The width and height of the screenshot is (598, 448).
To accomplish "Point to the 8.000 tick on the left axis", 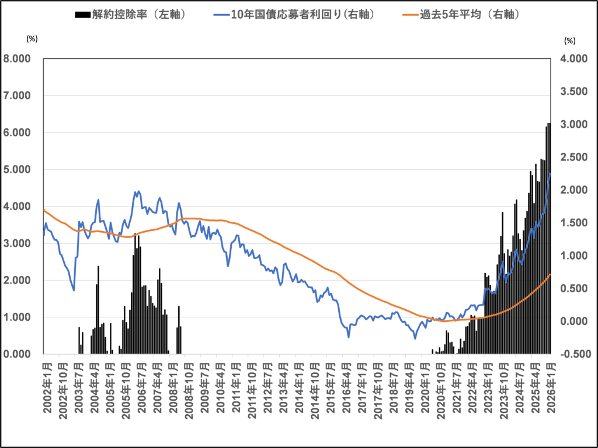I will [22, 59].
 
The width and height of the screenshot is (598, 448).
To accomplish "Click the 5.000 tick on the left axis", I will [22, 170].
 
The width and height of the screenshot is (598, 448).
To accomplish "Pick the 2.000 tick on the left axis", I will [22, 281].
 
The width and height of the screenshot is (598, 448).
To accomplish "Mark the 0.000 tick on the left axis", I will [22, 354].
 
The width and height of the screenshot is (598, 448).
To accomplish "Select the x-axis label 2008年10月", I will [189, 391].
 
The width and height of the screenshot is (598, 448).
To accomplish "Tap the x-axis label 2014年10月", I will [314, 391].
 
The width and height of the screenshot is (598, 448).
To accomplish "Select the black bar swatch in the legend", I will [82, 14].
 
